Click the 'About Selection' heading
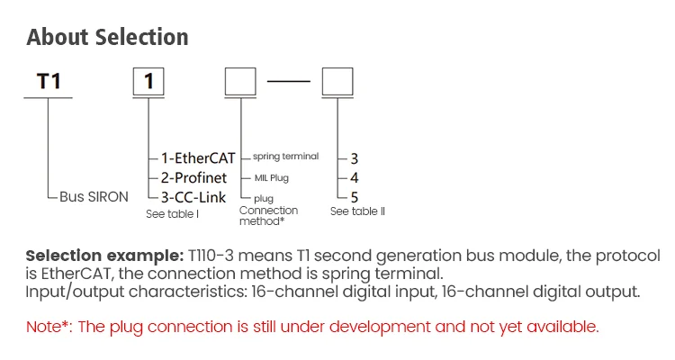[x=108, y=37]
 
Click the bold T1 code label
[x=49, y=82]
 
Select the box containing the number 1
[x=149, y=83]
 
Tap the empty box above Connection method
[x=240, y=83]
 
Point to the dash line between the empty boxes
[x=289, y=83]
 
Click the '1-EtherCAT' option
[x=198, y=158]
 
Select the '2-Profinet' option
[x=194, y=177]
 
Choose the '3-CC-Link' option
[x=193, y=196]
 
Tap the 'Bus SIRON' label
[x=94, y=196]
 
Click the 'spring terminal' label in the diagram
[x=285, y=157]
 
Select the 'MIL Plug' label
[x=272, y=177]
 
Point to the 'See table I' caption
[x=172, y=214]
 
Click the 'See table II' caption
[x=358, y=211]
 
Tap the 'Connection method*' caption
[x=268, y=216]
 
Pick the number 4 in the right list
[x=355, y=177]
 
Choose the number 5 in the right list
[x=355, y=196]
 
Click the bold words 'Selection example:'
[x=103, y=256]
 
